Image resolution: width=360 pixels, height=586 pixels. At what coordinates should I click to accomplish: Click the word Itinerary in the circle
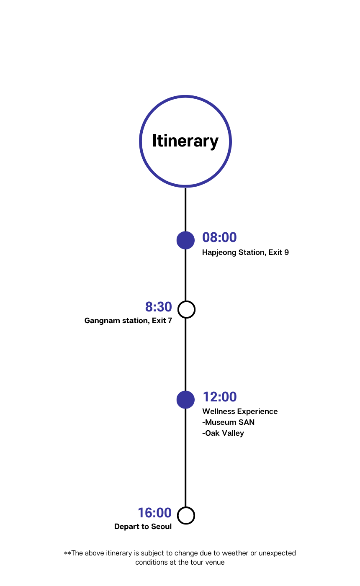185,141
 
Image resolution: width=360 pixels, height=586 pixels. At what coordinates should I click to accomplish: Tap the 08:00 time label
219,237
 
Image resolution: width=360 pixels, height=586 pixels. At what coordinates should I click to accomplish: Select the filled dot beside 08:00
185,240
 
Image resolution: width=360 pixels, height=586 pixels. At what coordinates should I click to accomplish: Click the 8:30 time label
158,307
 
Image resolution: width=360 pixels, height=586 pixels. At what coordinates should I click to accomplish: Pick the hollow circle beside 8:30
186,309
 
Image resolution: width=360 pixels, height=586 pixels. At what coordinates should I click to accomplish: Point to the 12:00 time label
219,397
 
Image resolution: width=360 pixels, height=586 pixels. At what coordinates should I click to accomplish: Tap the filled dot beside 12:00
185,400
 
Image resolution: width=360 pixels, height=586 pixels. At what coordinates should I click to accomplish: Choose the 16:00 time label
154,513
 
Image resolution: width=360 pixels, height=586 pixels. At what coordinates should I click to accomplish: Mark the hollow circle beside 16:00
186,515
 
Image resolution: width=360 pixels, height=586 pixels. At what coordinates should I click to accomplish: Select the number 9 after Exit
286,252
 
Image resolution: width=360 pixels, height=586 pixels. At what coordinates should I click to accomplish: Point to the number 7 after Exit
170,321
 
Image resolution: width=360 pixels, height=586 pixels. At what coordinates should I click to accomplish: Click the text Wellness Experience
240,411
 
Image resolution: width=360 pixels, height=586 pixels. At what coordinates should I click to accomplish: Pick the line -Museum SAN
228,422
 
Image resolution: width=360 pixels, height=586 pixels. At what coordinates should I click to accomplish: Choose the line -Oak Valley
223,433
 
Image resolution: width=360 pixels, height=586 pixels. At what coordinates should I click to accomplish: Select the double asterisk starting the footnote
67,553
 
